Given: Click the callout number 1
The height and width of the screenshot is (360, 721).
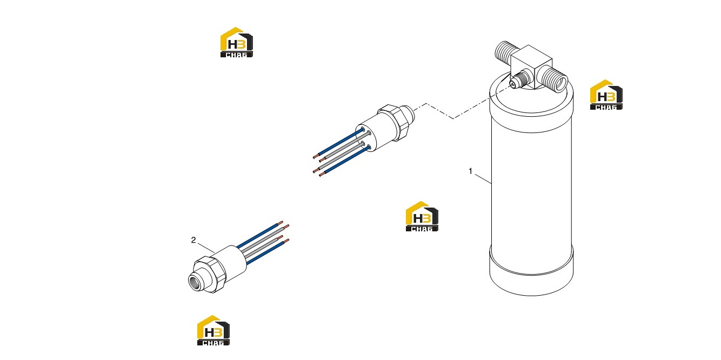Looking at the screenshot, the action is [x=470, y=171].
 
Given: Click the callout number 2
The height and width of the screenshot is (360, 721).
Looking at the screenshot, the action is [x=193, y=240].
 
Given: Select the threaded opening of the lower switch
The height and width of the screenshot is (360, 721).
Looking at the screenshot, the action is [x=195, y=281].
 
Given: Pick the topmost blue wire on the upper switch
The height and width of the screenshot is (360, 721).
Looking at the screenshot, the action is [x=339, y=143].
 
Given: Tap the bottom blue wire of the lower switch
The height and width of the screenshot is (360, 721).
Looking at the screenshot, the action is [x=268, y=252].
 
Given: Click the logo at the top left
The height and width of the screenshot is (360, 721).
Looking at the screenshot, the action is [x=237, y=42].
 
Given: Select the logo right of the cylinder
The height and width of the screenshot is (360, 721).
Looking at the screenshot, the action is [x=606, y=95].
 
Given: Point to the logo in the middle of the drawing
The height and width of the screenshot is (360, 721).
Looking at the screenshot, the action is [x=422, y=216].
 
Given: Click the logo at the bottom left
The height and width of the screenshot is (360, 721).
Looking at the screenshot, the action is [x=213, y=330].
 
